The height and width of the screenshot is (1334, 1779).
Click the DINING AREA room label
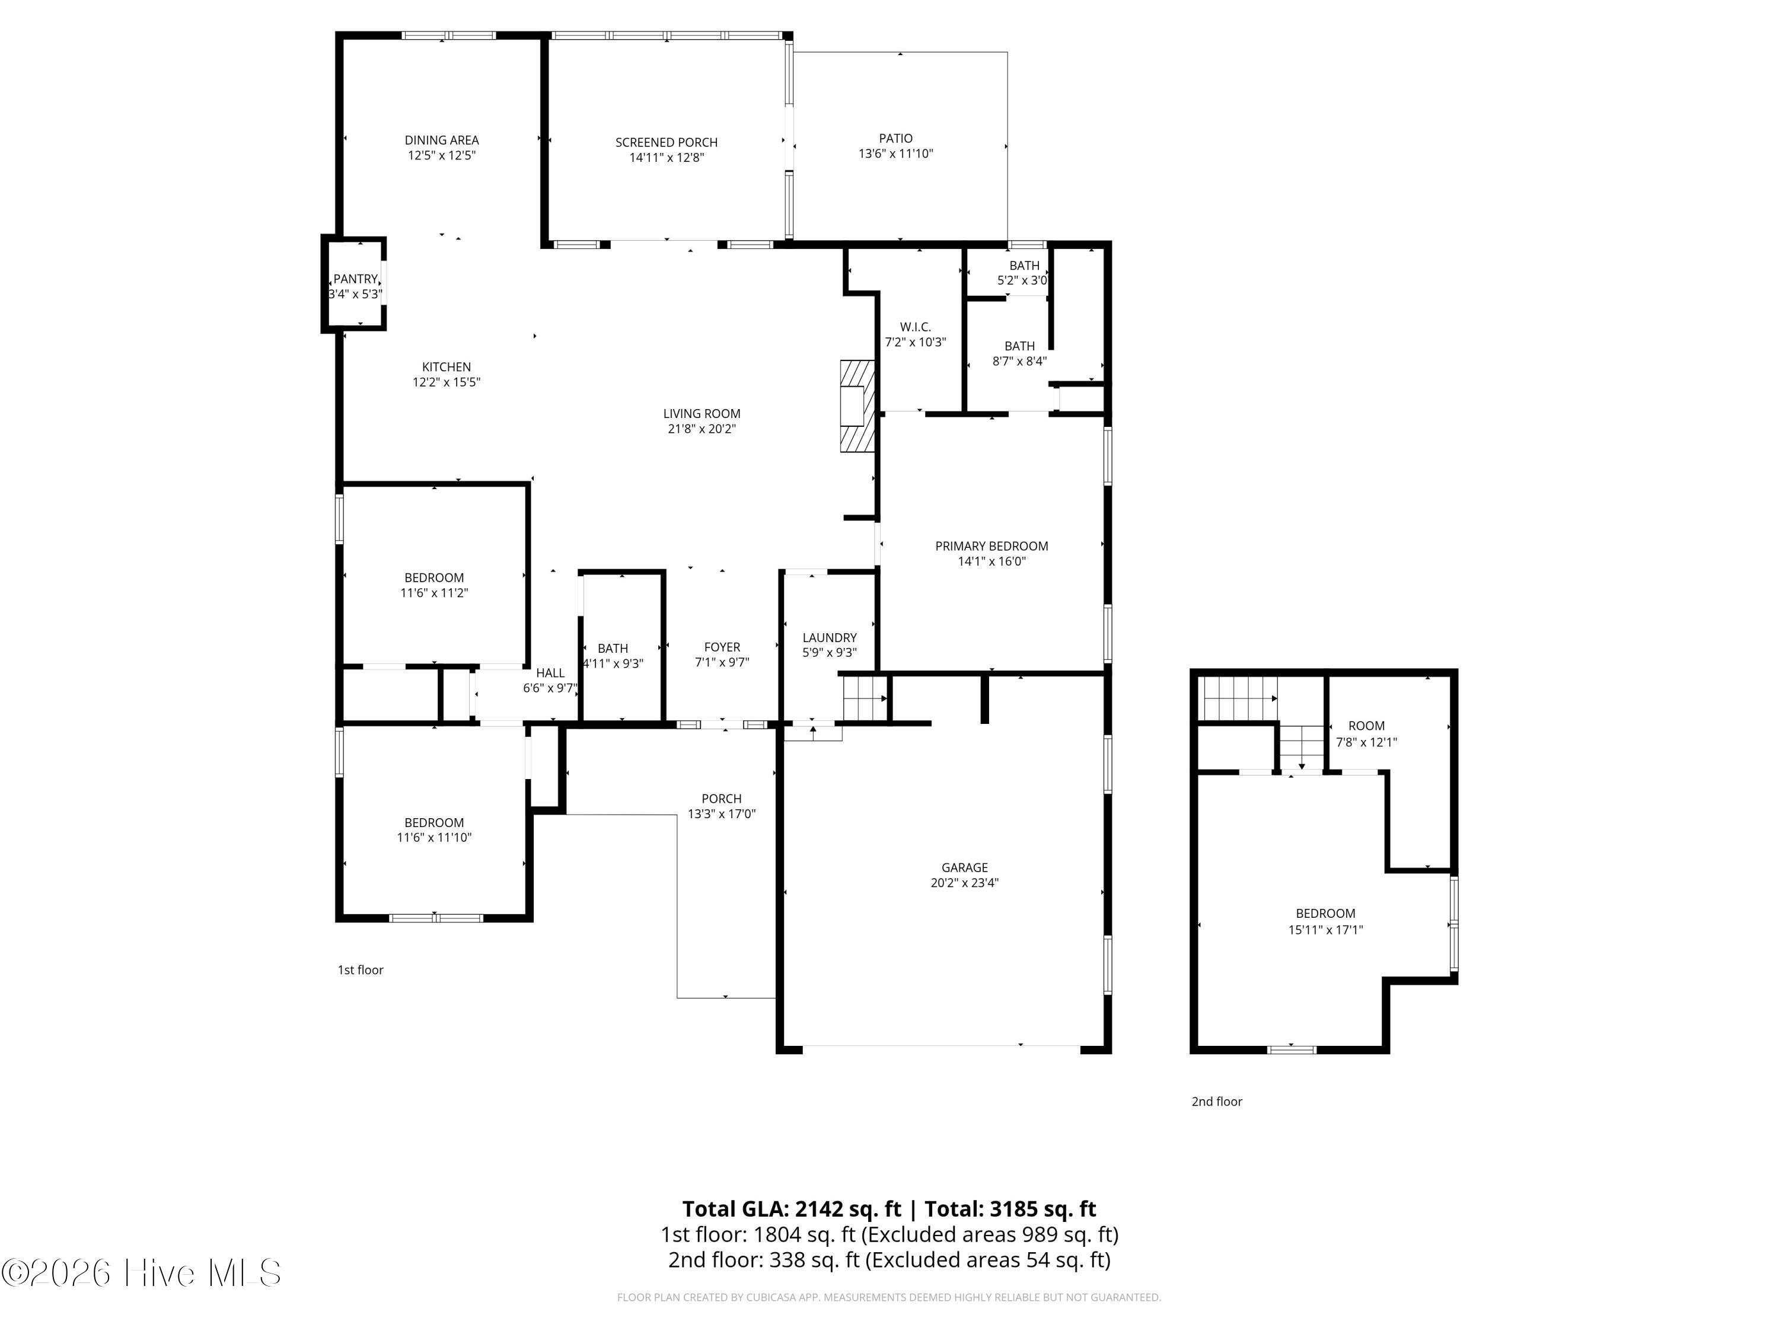coord(442,140)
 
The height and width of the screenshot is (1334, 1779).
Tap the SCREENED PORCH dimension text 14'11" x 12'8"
coord(667,158)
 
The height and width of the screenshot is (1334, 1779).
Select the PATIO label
coord(896,138)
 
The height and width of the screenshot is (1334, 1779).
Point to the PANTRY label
coord(355,279)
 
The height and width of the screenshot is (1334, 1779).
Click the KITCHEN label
coord(447,366)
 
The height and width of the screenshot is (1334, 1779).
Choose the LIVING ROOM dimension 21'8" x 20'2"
coord(702,429)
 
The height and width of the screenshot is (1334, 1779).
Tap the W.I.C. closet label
coord(915,327)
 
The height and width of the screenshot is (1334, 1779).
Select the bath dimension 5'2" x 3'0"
coord(1022,280)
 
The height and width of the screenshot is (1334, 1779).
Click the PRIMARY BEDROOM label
coord(991,546)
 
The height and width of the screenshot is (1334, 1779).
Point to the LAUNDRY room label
coord(829,637)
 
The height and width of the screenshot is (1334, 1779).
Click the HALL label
coord(550,673)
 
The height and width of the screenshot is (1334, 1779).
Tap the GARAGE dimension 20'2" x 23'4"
coord(964,882)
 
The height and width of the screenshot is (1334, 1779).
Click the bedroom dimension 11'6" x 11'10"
coord(434,837)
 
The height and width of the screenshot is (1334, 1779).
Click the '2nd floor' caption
coord(1217,1102)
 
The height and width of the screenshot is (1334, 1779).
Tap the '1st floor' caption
coord(361,970)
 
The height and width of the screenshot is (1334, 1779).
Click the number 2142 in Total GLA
coord(820,1208)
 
